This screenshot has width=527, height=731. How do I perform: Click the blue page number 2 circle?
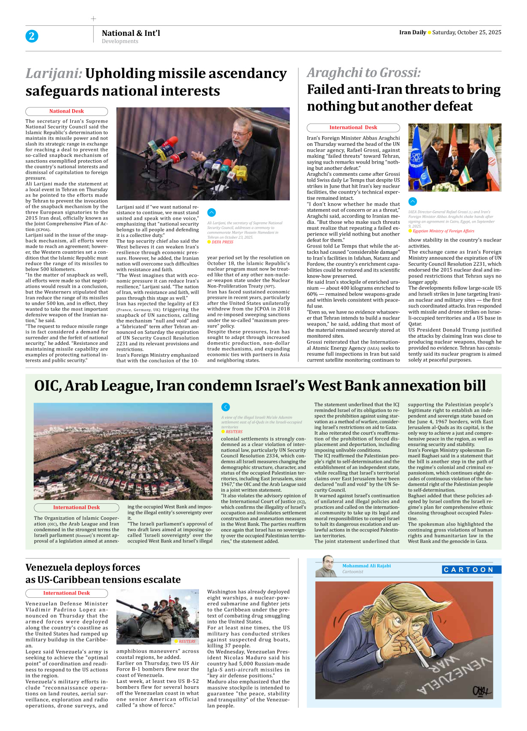tap(32, 36)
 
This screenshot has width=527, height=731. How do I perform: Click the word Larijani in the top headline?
tap(54, 73)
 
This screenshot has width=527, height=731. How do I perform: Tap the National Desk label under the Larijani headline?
tap(67, 111)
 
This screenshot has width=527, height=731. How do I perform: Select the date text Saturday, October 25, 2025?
tap(466, 32)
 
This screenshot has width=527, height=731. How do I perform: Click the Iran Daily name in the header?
tap(412, 32)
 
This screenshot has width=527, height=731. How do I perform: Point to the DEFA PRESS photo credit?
tap(222, 242)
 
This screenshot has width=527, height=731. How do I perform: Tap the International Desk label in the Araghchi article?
tap(353, 127)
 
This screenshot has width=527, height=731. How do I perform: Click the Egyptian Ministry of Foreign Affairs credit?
tap(443, 231)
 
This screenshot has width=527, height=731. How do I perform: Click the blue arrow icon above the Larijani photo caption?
tap(212, 212)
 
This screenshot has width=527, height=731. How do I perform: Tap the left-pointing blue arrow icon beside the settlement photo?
tap(226, 407)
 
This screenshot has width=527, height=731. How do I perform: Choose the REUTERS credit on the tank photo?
tap(187, 641)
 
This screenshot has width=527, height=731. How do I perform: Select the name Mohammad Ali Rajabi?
tap(366, 566)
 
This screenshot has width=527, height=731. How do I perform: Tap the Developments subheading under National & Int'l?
tap(120, 41)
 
